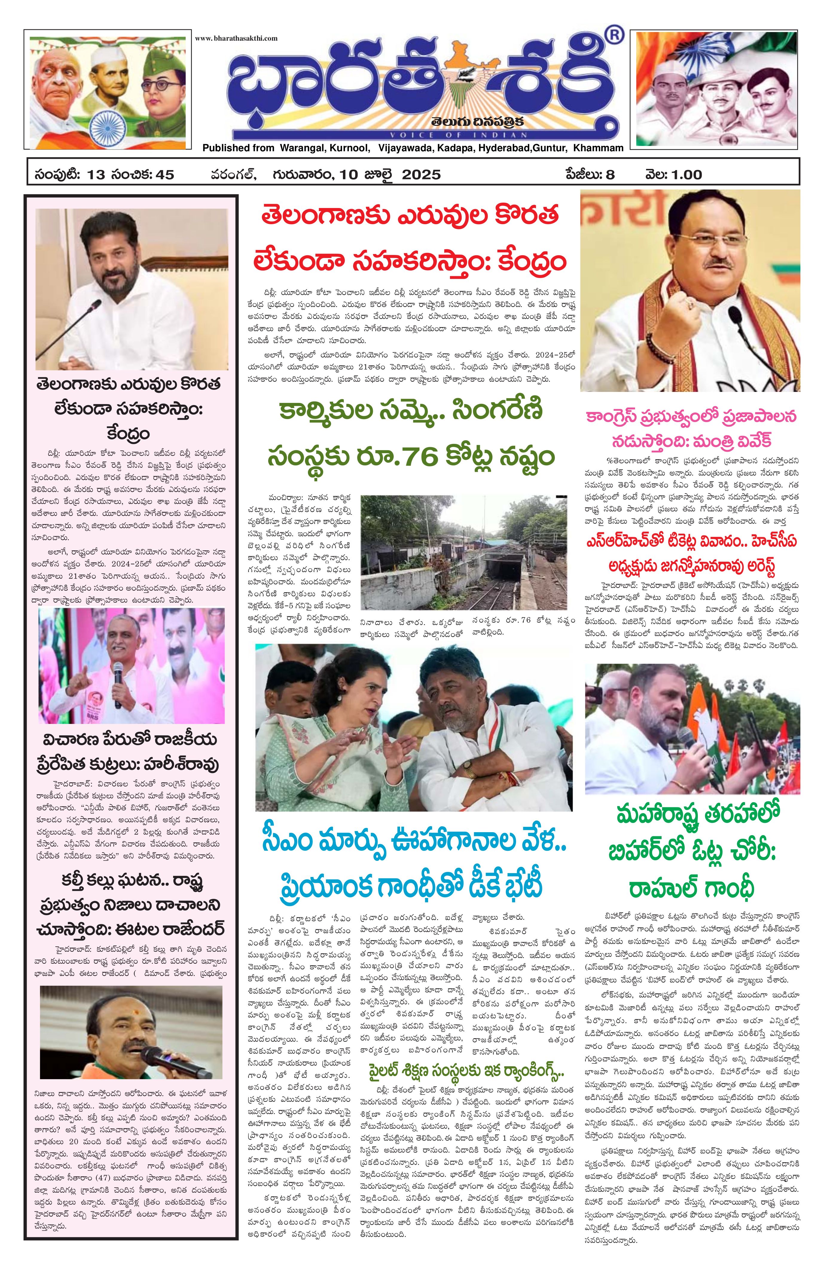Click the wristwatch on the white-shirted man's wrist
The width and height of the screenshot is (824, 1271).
point(468,769)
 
